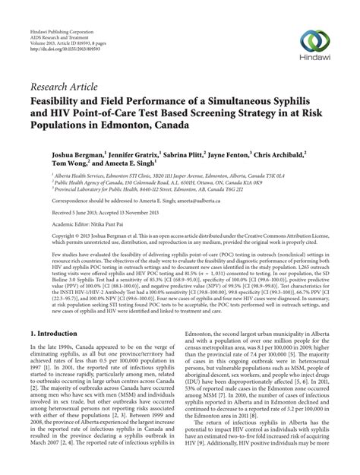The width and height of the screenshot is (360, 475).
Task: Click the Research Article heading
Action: [62, 93]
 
